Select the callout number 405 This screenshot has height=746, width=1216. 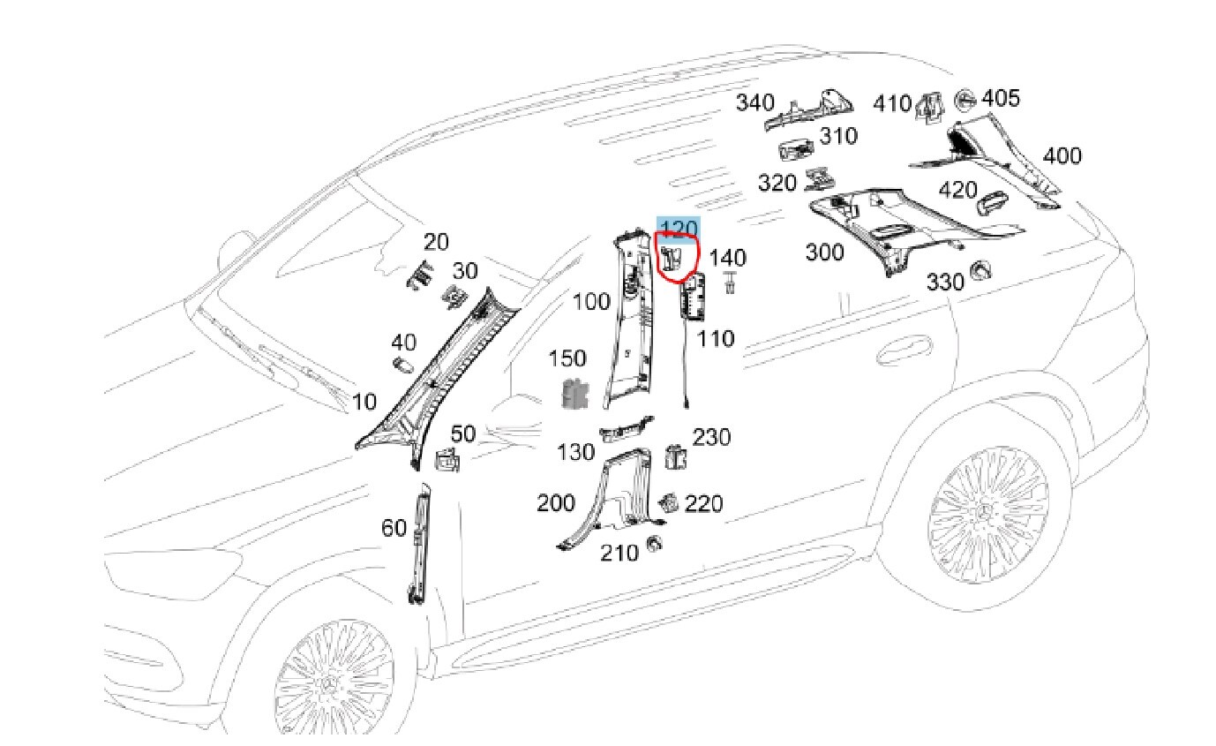click(x=1000, y=97)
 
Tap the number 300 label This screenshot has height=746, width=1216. click(x=824, y=252)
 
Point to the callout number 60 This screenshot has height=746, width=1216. click(x=394, y=528)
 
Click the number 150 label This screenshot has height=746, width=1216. click(x=567, y=358)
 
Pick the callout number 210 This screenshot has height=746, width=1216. click(x=619, y=553)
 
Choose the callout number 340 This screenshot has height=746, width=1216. click(x=755, y=103)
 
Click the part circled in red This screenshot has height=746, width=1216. click(x=672, y=259)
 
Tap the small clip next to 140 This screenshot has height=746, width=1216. click(x=730, y=283)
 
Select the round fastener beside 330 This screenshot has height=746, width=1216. click(x=979, y=271)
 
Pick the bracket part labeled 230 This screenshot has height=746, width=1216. click(x=675, y=456)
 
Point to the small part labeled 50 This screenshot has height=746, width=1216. click(x=448, y=460)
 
